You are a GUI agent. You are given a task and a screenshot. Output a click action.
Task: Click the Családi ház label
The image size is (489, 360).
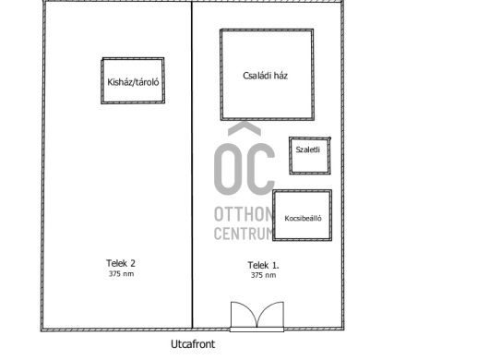click(265, 76)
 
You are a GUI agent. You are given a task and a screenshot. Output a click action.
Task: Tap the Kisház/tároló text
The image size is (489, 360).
click(133, 82)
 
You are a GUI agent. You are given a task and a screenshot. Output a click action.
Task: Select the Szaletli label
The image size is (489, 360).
click(308, 150)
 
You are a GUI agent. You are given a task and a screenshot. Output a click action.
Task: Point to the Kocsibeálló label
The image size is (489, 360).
click(303, 219)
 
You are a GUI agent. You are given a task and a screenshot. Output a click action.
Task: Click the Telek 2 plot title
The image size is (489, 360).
click(121, 263)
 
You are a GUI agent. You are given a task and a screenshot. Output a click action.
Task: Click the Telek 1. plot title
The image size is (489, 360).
click(263, 265)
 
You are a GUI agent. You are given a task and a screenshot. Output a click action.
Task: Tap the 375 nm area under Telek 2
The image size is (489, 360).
click(121, 274)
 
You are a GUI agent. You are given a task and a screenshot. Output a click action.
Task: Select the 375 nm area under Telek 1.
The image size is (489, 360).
click(264, 275)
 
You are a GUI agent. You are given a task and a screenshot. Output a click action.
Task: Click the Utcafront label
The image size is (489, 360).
click(193, 344)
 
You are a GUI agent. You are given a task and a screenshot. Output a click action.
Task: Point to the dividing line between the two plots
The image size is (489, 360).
click(192, 164)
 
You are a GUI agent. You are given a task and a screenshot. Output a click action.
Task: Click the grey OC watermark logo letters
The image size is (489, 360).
click(244, 169)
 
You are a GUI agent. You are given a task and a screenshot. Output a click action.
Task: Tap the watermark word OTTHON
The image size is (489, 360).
click(244, 214)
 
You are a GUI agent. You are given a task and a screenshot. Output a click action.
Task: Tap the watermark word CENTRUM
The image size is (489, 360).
click(244, 233)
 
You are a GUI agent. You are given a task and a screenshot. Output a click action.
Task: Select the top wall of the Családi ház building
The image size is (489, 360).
click(267, 30)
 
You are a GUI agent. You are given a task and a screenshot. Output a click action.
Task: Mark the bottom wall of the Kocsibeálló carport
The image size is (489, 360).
click(303, 239)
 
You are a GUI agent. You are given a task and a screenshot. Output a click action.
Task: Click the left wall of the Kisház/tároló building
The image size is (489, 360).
click(102, 81)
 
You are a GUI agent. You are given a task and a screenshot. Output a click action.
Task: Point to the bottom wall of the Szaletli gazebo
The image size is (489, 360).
click(310, 173)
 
